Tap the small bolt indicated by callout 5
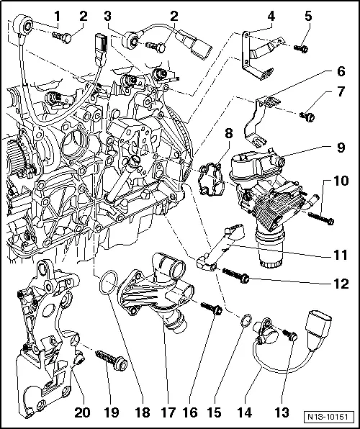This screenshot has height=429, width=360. pos(302,48)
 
